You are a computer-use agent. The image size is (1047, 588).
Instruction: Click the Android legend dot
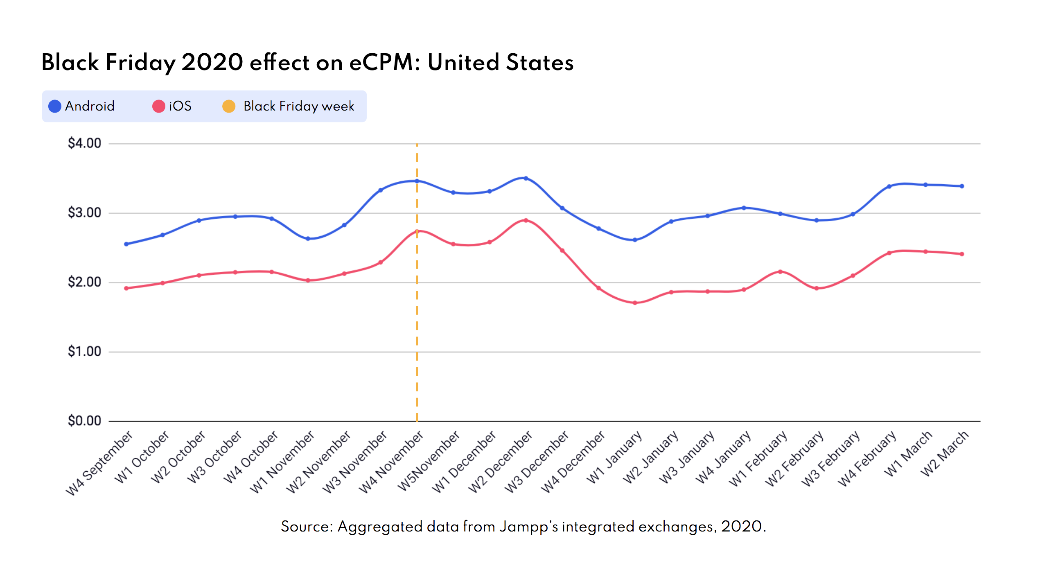(55, 106)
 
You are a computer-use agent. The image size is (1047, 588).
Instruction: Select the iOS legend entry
(172, 106)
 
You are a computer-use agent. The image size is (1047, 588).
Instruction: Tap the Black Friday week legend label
(298, 106)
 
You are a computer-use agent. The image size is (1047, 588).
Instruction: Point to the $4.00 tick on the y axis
(84, 143)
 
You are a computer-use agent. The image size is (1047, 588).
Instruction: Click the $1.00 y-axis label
(84, 351)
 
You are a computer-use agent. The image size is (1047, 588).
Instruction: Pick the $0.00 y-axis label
(84, 421)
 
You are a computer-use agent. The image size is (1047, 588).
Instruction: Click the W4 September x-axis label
(100, 463)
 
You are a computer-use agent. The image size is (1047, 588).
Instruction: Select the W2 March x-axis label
(945, 453)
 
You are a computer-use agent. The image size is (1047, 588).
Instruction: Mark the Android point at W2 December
(526, 178)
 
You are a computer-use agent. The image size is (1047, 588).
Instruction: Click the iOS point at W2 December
(526, 220)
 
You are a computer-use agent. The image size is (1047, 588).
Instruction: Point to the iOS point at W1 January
(635, 303)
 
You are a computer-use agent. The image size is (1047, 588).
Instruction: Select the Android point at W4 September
(126, 244)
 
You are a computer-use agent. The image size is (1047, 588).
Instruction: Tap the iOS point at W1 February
(780, 271)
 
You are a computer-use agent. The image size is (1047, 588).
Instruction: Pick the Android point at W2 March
(962, 186)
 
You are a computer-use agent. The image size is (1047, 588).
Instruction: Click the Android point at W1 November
(308, 238)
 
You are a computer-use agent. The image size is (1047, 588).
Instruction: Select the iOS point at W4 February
(889, 253)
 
